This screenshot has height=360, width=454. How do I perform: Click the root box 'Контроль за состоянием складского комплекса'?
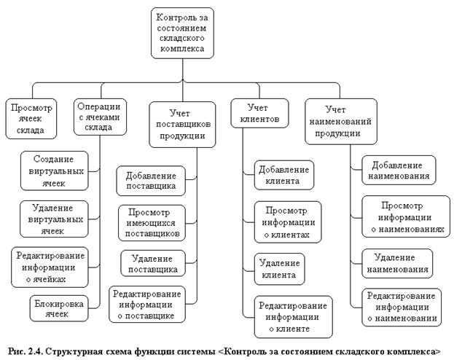click(184, 32)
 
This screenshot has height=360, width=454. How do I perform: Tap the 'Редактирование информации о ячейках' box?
click(50, 265)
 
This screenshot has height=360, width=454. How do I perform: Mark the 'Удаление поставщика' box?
click(149, 263)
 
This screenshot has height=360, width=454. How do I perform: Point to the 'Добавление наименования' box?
click(399, 169)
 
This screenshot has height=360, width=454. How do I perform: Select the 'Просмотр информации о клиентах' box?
click(289, 222)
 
